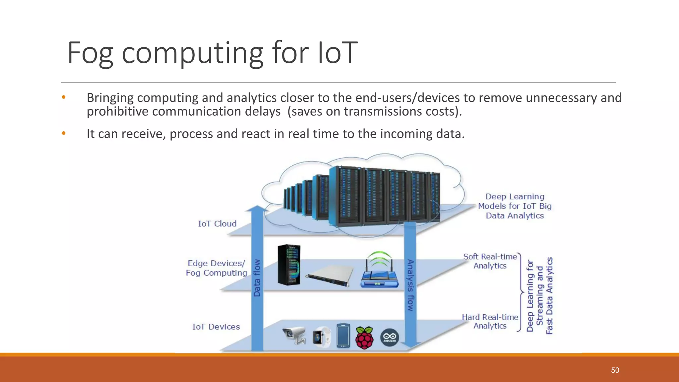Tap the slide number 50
[615, 370]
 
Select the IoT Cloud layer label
[217, 224]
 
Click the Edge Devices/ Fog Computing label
[216, 268]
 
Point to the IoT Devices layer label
[216, 327]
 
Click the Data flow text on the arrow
[257, 278]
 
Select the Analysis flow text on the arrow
[410, 285]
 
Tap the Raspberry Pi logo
[364, 338]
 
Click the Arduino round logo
[390, 338]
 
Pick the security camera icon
[294, 335]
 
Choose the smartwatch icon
[321, 337]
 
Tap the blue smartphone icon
[343, 336]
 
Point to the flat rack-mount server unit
[329, 276]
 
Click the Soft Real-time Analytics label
[490, 261]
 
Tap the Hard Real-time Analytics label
[490, 321]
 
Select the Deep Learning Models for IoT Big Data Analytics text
[515, 206]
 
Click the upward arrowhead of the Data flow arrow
[257, 209]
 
